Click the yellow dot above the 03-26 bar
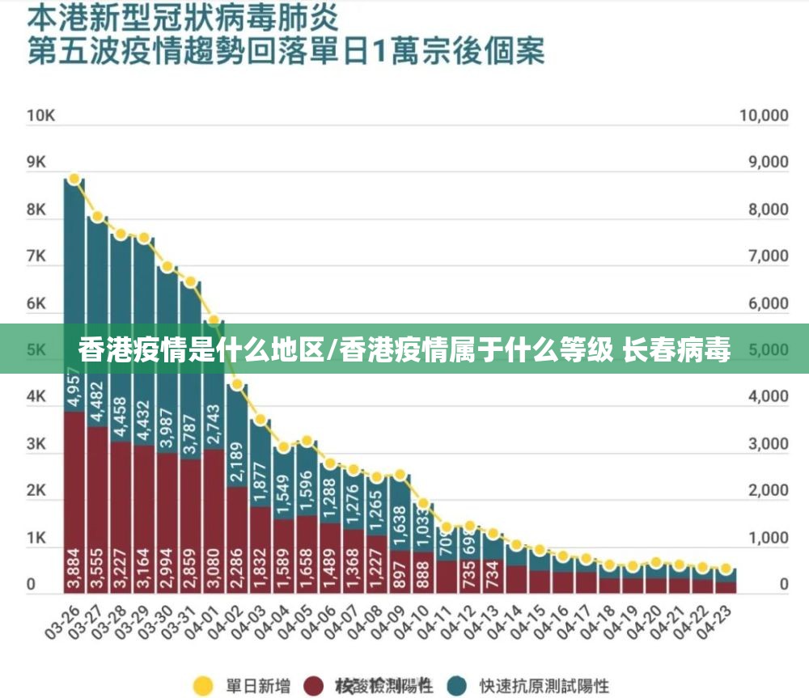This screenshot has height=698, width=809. pos(74,179)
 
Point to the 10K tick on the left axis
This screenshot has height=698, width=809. pos(40,116)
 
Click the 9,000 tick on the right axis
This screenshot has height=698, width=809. pos(764,162)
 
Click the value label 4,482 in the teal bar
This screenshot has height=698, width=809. pos(98,400)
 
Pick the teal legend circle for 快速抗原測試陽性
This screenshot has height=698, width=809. pos(458,686)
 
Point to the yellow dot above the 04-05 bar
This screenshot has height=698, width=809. pos(307,442)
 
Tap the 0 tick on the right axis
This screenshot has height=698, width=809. pos(783,584)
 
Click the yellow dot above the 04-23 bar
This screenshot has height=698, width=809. pos(726,569)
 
